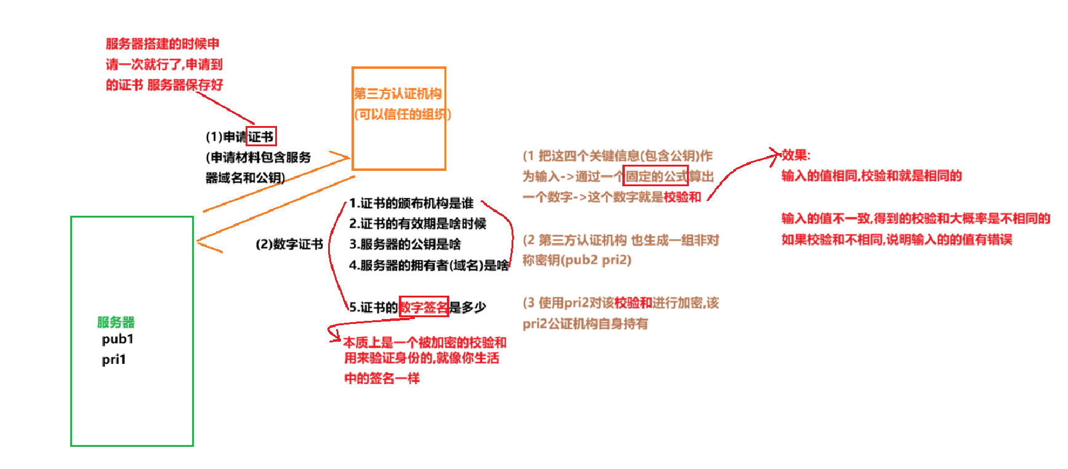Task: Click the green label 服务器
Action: pos(116,322)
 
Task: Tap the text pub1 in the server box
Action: pos(118,339)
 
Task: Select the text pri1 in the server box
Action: pos(114,360)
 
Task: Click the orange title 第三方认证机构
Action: pos(398,93)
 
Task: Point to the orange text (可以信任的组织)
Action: pos(403,114)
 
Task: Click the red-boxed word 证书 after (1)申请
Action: pos(261,136)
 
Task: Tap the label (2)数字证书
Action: pos(289,244)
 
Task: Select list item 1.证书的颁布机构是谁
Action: pos(411,203)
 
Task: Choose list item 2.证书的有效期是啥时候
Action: pos(417,224)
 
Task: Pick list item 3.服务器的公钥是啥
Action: pos(405,244)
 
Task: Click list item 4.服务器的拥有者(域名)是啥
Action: pos(429,265)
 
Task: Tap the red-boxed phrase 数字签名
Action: pos(424,307)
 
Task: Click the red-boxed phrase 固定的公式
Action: pos(656,176)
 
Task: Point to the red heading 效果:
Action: pos(796,155)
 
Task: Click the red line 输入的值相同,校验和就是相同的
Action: pos(872,176)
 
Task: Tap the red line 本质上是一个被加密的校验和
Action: pos(425,342)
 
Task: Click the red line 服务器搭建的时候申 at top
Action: pos(163,44)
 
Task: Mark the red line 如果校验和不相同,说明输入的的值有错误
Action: pos(897,239)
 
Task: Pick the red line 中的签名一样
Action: pos(382,378)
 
